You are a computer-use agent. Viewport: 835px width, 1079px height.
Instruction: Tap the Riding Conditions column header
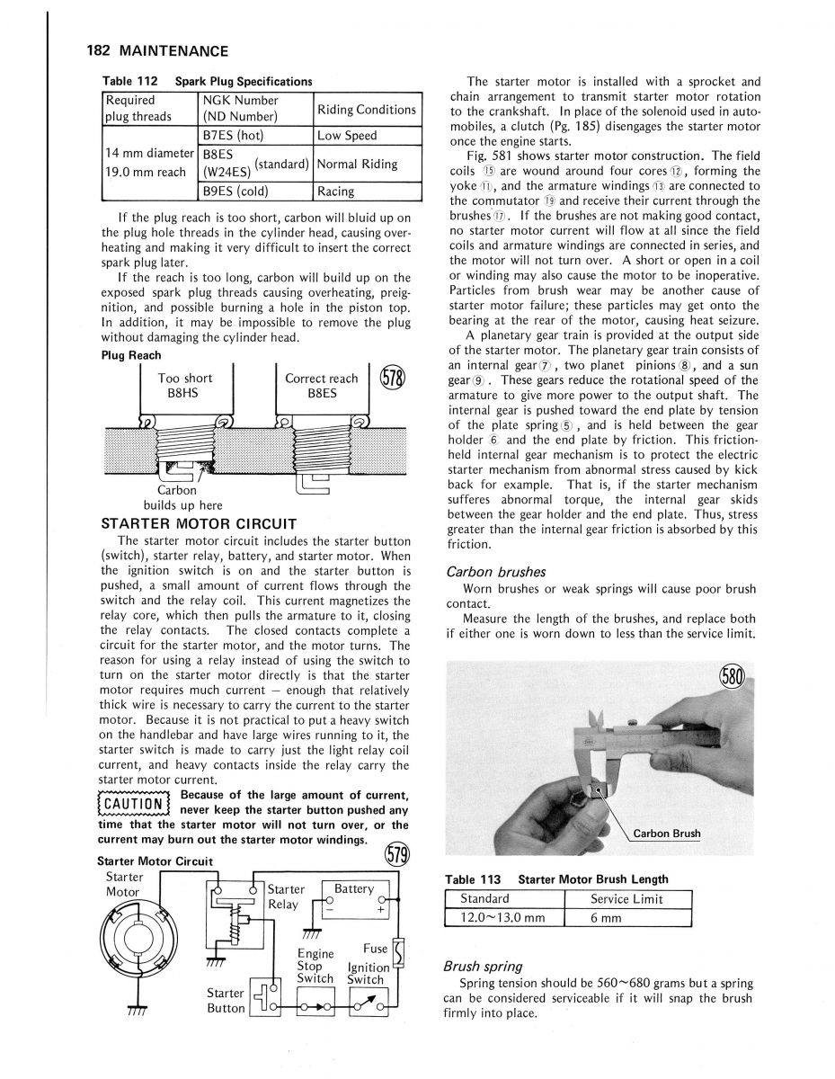tap(366, 110)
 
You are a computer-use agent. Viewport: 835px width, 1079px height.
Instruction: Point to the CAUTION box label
tap(132, 801)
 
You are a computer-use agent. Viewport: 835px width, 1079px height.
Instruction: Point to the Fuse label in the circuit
tap(375, 949)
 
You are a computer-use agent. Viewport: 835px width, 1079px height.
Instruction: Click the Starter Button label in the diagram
tap(226, 1000)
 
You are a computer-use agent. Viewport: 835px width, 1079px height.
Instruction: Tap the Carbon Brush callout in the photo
tap(666, 834)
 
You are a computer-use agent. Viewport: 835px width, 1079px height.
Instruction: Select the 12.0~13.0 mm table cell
tap(502, 917)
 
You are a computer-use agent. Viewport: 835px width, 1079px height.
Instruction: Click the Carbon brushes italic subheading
tap(495, 572)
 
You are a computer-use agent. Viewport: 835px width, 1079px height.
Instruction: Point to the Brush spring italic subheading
tap(484, 967)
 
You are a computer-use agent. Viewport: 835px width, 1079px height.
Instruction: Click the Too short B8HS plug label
tap(185, 386)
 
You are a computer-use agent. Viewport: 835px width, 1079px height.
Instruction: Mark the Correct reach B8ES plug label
tap(321, 386)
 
